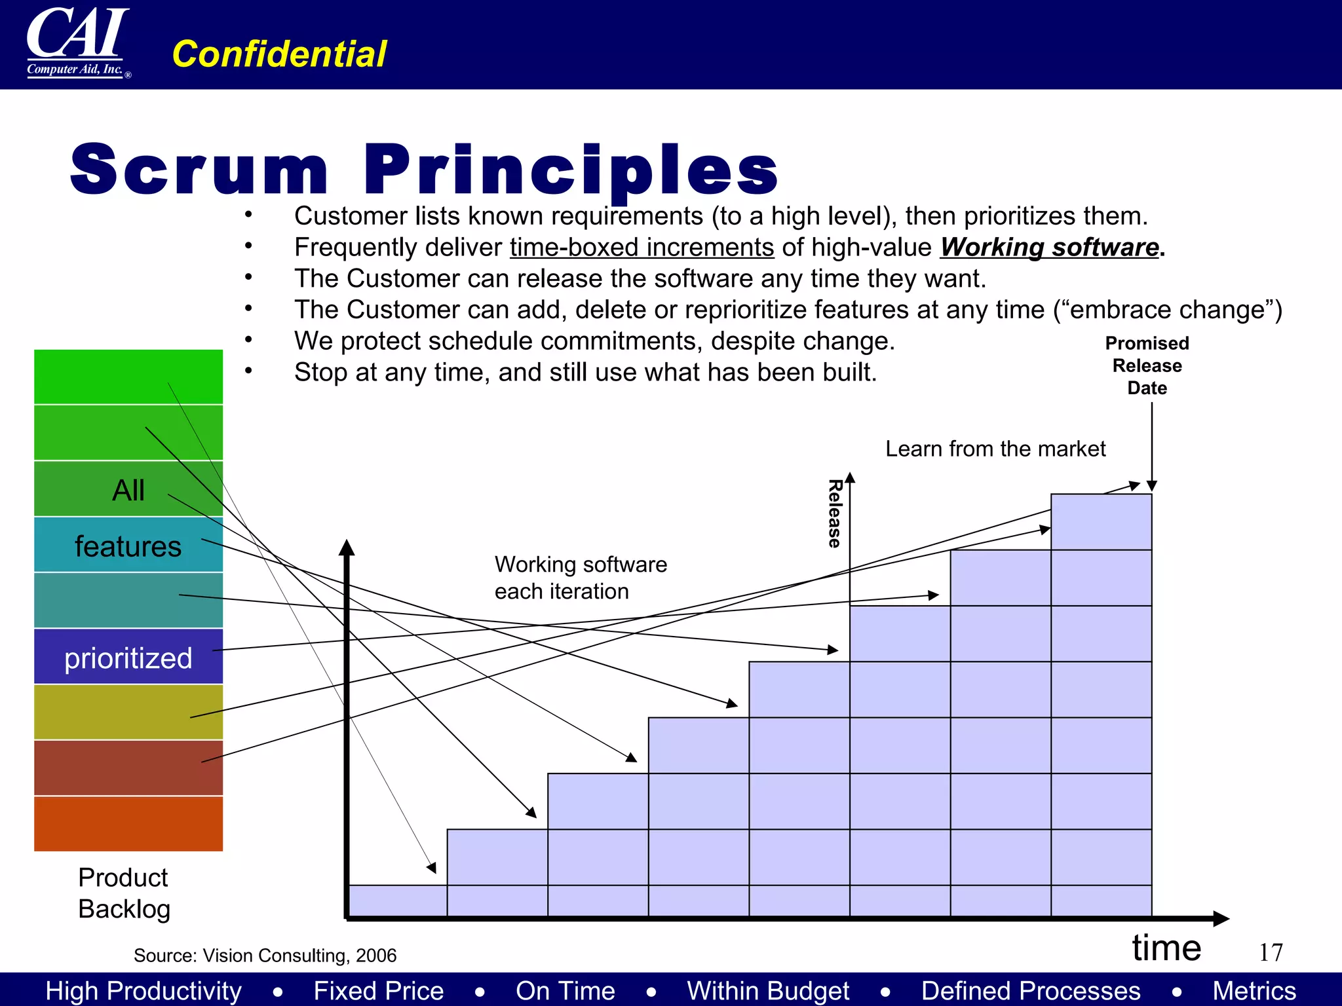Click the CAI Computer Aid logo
tap(77, 43)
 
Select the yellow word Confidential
tap(279, 54)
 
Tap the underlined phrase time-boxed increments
tap(642, 248)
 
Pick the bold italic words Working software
tap(1050, 248)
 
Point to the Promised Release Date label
tap(1147, 365)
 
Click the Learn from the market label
tap(995, 449)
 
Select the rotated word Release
tap(834, 513)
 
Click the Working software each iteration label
tap(580, 578)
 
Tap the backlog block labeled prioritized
tap(128, 657)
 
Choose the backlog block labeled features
tap(128, 545)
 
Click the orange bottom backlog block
tap(128, 824)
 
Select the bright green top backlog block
tap(128, 377)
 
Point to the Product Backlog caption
tap(124, 893)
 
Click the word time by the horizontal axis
tap(1166, 948)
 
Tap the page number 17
tap(1271, 952)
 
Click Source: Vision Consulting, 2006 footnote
tap(265, 956)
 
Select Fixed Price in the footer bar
tap(378, 990)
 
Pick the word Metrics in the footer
tap(1254, 990)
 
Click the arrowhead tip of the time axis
tap(1227, 918)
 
